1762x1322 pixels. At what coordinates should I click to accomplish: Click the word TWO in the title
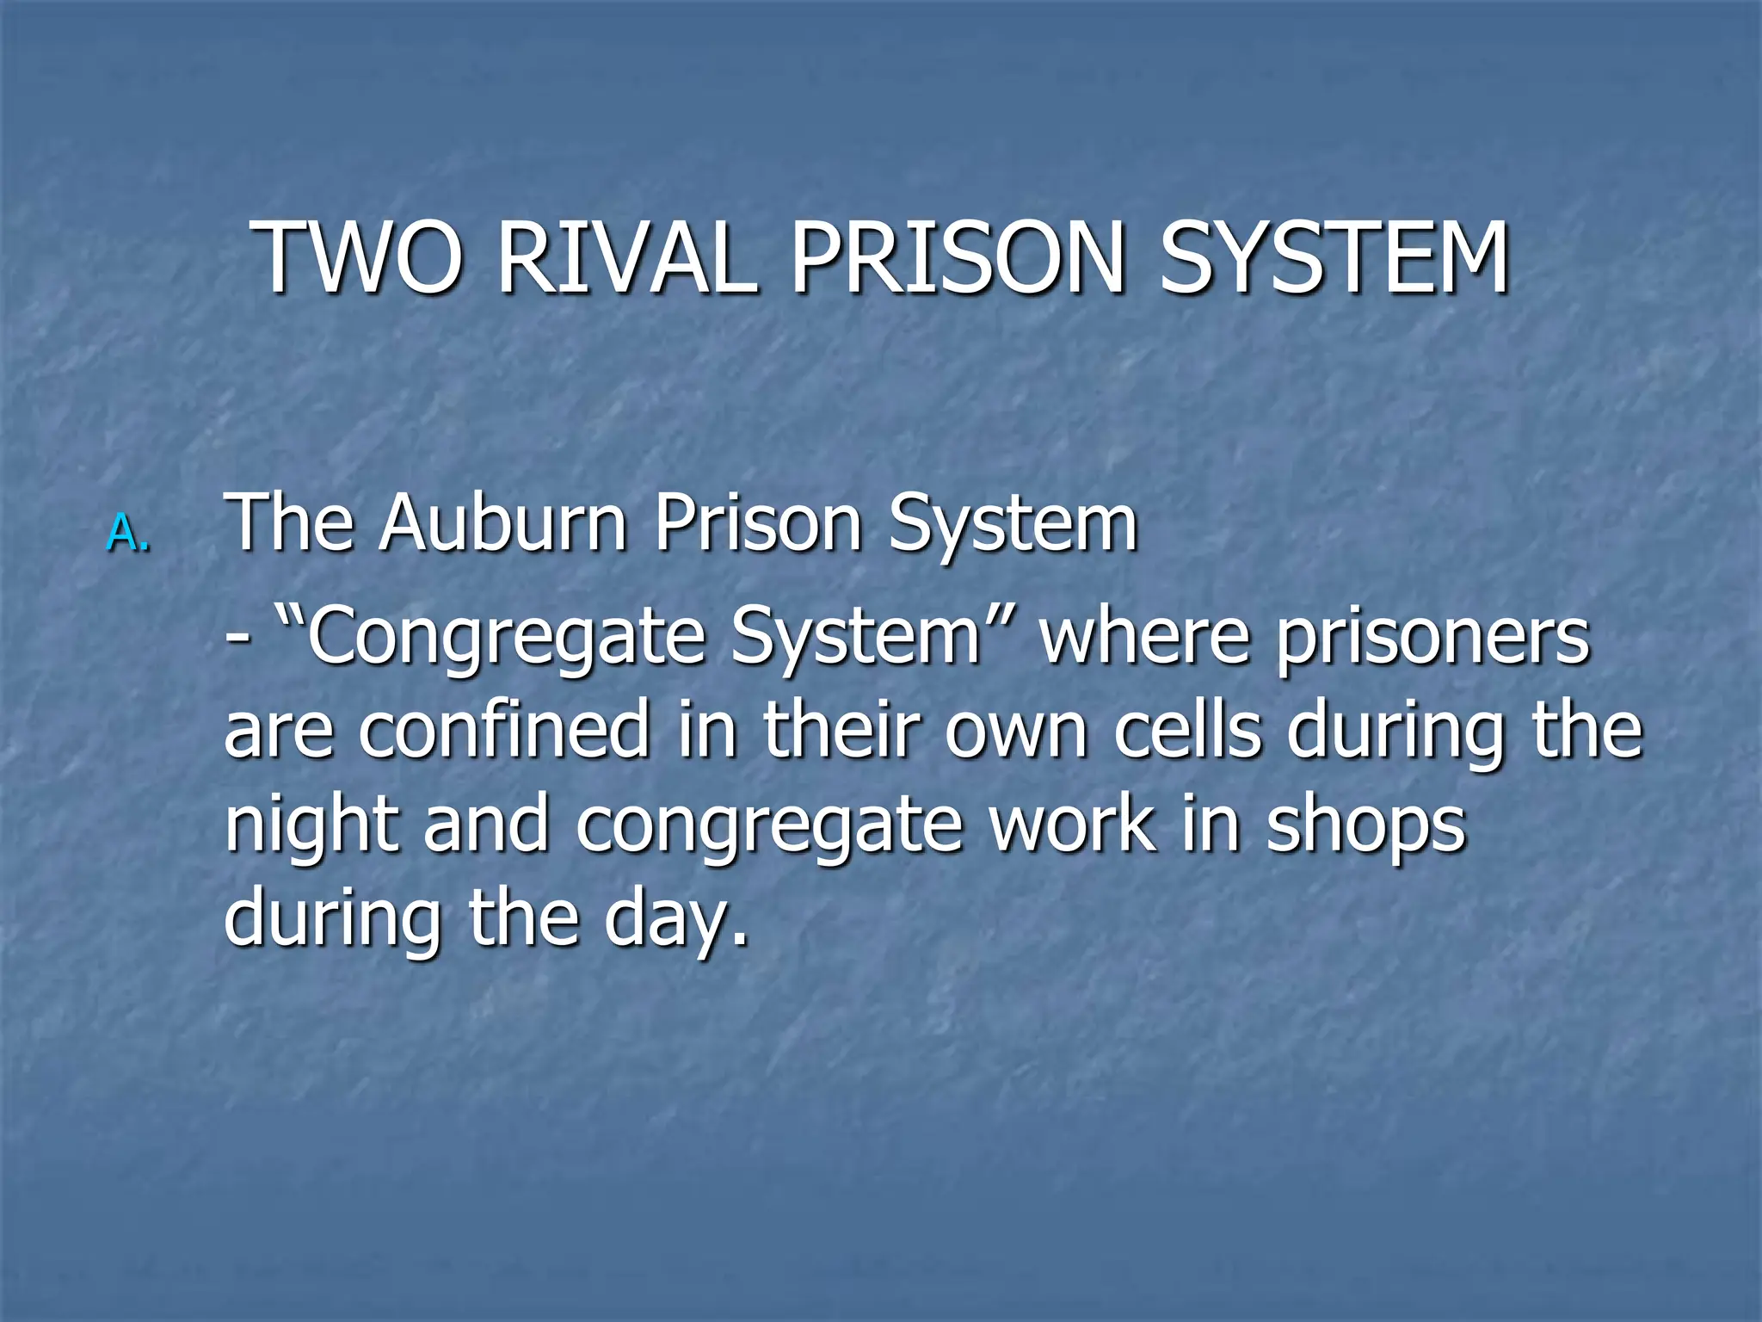(358, 258)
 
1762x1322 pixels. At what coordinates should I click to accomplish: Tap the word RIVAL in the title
(627, 258)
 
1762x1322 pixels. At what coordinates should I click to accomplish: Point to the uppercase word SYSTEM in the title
(1334, 258)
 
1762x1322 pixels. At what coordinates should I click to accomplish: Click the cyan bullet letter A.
(126, 533)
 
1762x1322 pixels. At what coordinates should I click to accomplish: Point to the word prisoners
(1433, 639)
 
